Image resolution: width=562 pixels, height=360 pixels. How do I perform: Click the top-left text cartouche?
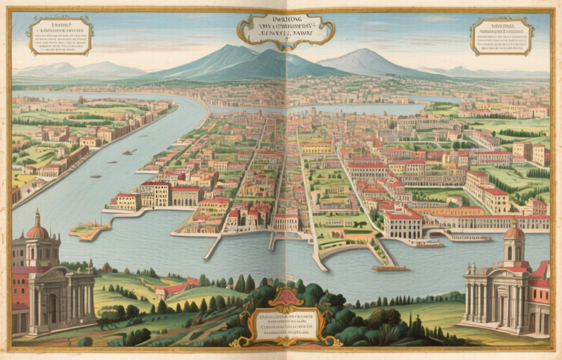[60, 35]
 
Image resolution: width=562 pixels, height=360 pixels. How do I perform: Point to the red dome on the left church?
[37, 230]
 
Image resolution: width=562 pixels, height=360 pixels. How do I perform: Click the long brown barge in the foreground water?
[390, 268]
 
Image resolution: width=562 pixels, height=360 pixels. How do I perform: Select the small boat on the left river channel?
[129, 152]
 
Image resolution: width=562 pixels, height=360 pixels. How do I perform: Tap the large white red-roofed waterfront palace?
[403, 222]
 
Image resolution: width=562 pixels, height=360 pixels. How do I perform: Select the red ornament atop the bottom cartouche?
[286, 295]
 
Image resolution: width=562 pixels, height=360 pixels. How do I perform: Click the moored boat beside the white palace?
[429, 244]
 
